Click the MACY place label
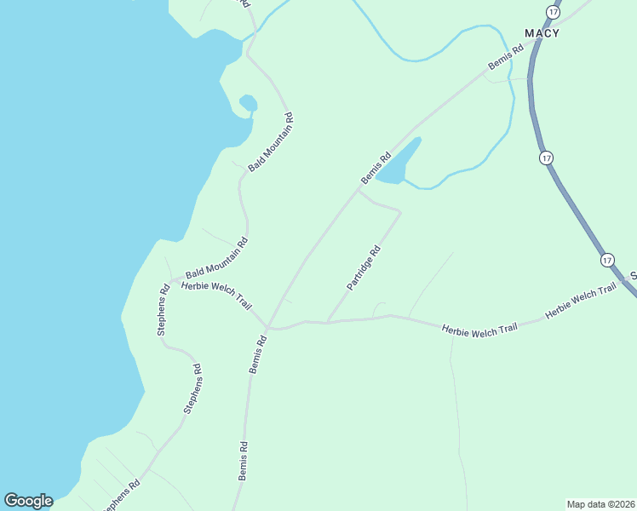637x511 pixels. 542,33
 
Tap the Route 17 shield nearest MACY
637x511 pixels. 554,12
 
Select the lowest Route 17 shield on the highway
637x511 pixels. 606,259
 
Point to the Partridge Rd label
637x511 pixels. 363,269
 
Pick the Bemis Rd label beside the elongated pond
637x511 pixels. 376,166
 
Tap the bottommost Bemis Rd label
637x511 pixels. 244,461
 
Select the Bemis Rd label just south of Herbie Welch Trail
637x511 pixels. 258,354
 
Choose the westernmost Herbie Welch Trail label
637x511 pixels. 217,296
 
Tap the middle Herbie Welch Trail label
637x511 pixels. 479,329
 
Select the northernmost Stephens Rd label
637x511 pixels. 163,309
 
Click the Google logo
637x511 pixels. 28,501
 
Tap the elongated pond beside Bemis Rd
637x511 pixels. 400,163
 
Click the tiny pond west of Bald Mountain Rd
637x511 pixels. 248,103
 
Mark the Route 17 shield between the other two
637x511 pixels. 546,158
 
